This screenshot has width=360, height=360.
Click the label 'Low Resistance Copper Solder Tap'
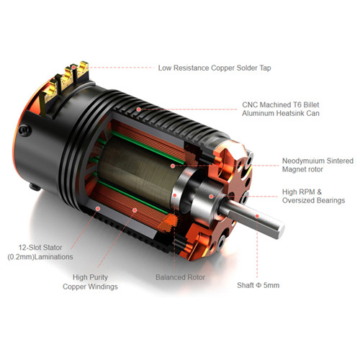coord(215,68)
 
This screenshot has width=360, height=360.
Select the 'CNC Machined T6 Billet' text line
coord(281,104)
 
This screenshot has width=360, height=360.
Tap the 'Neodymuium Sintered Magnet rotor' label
coord(318,165)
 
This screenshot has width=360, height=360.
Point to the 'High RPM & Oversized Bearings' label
coord(313,196)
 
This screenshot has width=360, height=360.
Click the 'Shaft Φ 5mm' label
coord(258,285)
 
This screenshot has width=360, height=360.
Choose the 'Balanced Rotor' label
coord(180,277)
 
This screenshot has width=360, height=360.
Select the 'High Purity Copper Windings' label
coord(90,282)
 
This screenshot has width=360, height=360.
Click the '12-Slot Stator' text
coord(40,248)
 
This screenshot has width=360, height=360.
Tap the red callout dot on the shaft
coord(257,216)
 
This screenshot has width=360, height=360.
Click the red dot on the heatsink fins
coord(138,109)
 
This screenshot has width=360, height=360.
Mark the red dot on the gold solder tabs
coord(74,68)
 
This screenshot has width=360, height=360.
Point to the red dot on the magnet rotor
coord(173,166)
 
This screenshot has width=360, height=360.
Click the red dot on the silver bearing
coord(211,197)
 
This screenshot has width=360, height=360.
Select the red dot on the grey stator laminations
coord(98,209)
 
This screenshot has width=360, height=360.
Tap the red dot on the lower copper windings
coord(135,210)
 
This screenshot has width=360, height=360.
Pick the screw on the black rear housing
coord(25,130)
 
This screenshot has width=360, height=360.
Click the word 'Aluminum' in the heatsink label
coord(258,113)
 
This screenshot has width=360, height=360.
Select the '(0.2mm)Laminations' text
coord(40,257)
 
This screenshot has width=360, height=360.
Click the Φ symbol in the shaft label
coord(258,285)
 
